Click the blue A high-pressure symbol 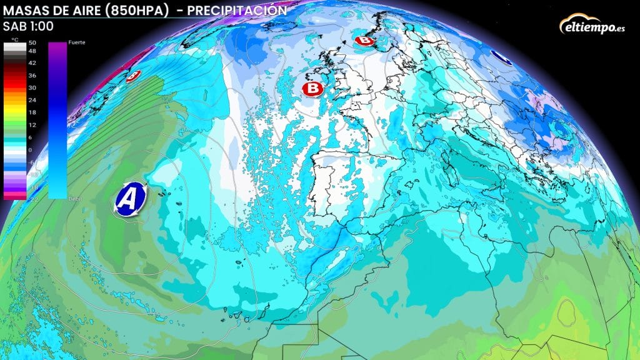click(129, 199)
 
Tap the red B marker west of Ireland click(312, 89)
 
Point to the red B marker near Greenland click(132, 76)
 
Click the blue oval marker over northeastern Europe click(501, 57)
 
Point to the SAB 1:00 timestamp click(28, 27)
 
